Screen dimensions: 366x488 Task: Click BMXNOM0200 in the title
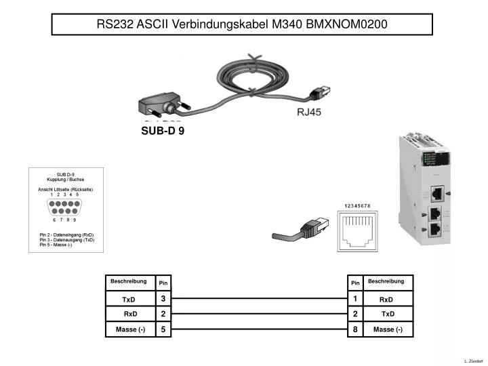click(347, 24)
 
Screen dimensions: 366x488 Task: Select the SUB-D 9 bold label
click(163, 131)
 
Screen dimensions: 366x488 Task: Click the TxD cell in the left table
click(129, 299)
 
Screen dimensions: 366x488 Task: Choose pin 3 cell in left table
click(163, 299)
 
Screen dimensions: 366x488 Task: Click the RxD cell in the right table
click(386, 299)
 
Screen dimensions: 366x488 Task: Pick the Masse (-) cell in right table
click(388, 330)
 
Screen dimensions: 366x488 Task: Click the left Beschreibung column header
click(129, 281)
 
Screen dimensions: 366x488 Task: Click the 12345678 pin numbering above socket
click(357, 205)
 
